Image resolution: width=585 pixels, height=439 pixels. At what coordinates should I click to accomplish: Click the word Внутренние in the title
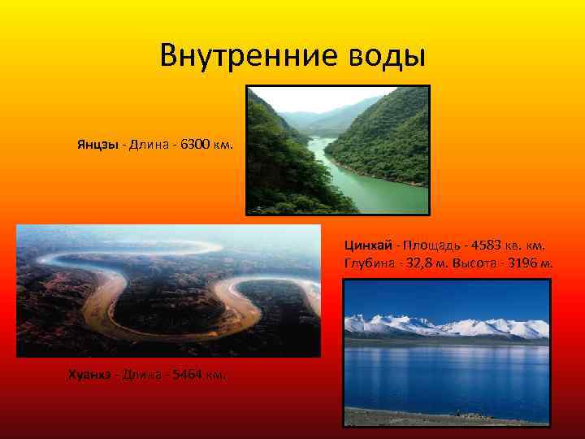click(x=240, y=56)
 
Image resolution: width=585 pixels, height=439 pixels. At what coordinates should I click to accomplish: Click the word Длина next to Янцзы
click(x=149, y=145)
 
